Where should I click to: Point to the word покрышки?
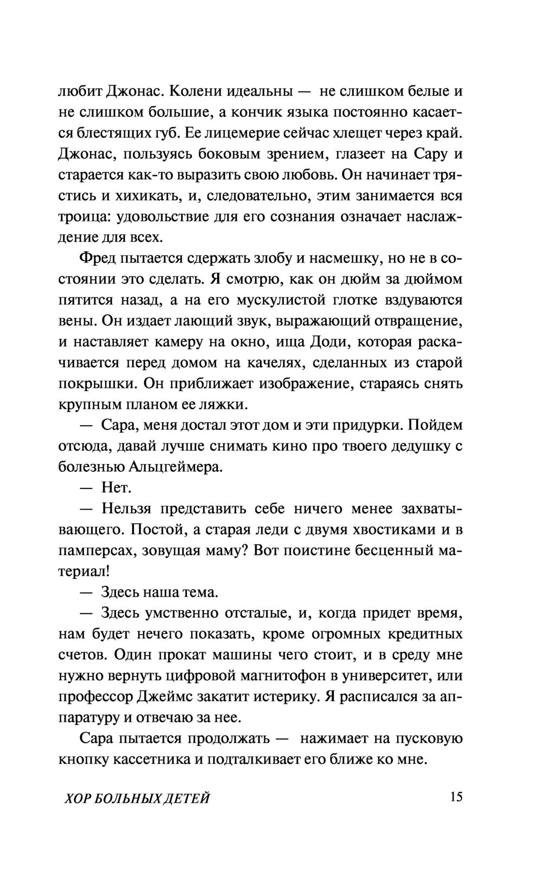click(x=97, y=384)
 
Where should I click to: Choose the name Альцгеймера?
click(x=177, y=467)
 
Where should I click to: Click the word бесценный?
click(x=382, y=551)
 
